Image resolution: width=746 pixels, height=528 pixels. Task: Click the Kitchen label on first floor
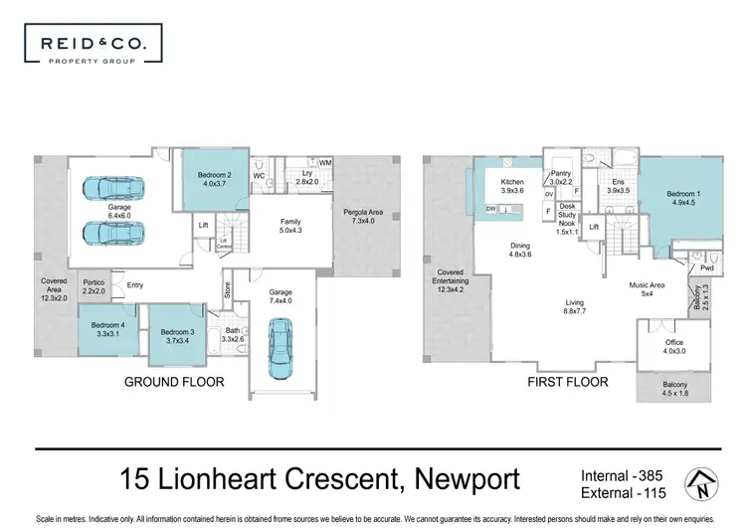click(512, 188)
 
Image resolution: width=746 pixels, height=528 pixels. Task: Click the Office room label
click(673, 347)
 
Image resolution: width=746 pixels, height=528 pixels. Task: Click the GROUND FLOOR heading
click(174, 381)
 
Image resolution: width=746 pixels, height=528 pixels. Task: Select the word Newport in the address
click(453, 480)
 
